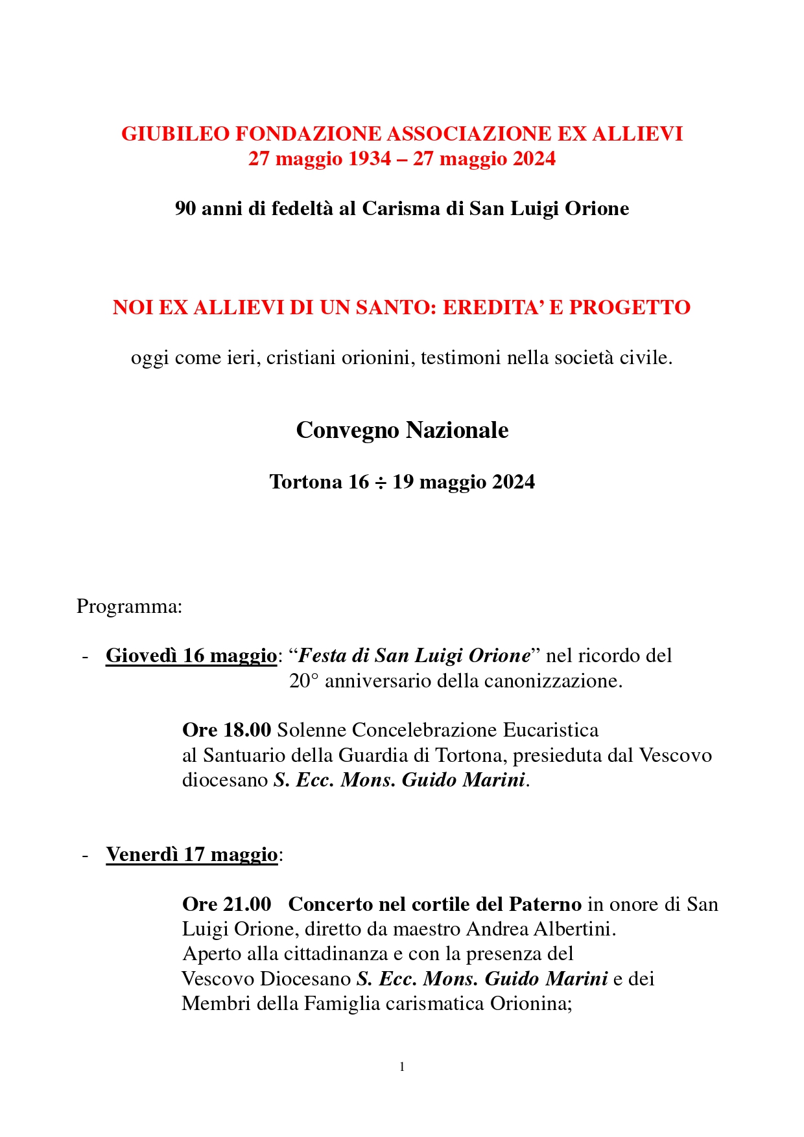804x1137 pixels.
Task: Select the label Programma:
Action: click(130, 606)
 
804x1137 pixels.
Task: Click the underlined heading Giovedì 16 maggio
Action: click(191, 656)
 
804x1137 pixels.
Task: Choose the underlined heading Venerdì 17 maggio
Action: click(192, 855)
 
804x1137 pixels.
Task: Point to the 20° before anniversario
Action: click(304, 681)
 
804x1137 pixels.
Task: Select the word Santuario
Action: click(244, 755)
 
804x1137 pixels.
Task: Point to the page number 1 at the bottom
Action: click(402, 1067)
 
